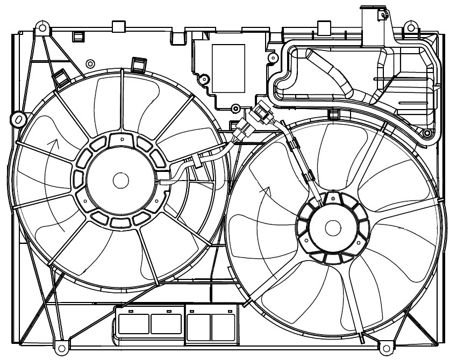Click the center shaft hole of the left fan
120,180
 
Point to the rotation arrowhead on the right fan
265,189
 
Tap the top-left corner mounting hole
42,27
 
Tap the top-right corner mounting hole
411,27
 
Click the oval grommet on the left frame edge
18,118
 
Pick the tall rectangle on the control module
228,67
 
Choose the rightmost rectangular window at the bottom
224,324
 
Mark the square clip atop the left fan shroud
139,64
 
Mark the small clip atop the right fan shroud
332,114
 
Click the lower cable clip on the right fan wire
310,178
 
